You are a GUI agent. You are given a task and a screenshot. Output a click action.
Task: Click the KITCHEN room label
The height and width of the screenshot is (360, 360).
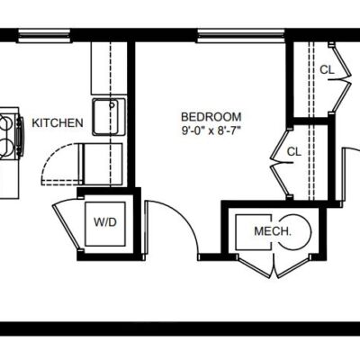point(58,123)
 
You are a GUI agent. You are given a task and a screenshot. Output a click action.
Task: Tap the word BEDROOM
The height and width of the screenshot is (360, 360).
point(211,116)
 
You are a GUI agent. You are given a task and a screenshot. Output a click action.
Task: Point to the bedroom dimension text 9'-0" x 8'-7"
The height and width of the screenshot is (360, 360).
point(211,130)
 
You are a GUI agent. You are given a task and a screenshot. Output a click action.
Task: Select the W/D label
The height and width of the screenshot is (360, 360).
point(105,222)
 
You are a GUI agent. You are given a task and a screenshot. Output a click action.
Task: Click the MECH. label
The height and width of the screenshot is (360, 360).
point(273,231)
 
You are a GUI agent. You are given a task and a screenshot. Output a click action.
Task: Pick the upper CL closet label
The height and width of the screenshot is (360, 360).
point(327,70)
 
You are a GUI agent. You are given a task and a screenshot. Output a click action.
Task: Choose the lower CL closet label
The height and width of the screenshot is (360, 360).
point(294,151)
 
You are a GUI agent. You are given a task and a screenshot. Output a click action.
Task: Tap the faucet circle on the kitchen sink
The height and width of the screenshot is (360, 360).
point(112,105)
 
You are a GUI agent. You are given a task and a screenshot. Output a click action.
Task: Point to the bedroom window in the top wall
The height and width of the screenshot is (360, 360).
point(241,35)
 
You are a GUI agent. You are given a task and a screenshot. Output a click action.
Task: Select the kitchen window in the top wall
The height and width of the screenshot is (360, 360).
point(45,36)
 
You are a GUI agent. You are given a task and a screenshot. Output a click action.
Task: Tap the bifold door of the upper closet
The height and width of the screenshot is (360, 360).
point(340,78)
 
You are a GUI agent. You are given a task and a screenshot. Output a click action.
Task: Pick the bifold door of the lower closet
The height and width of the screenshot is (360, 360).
point(281,163)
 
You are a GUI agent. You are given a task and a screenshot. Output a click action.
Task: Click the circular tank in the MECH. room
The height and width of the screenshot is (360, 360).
point(295,231)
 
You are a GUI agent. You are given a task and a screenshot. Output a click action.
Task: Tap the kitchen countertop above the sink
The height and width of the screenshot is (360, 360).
point(109,68)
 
